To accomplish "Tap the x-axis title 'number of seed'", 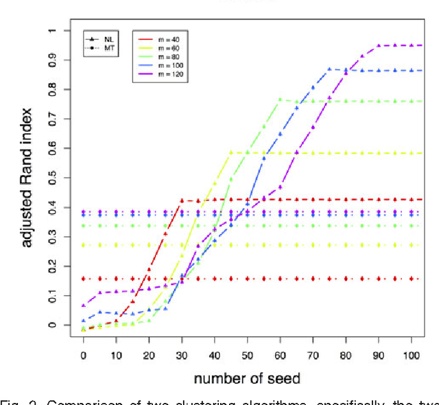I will [247, 378].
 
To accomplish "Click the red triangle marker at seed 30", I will [182, 200].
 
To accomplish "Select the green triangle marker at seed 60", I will [280, 100].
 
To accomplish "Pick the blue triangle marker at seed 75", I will [329, 69].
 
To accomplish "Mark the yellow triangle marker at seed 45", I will [231, 152].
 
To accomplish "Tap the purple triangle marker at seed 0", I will [83, 305].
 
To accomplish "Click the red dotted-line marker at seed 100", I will [412, 279].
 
